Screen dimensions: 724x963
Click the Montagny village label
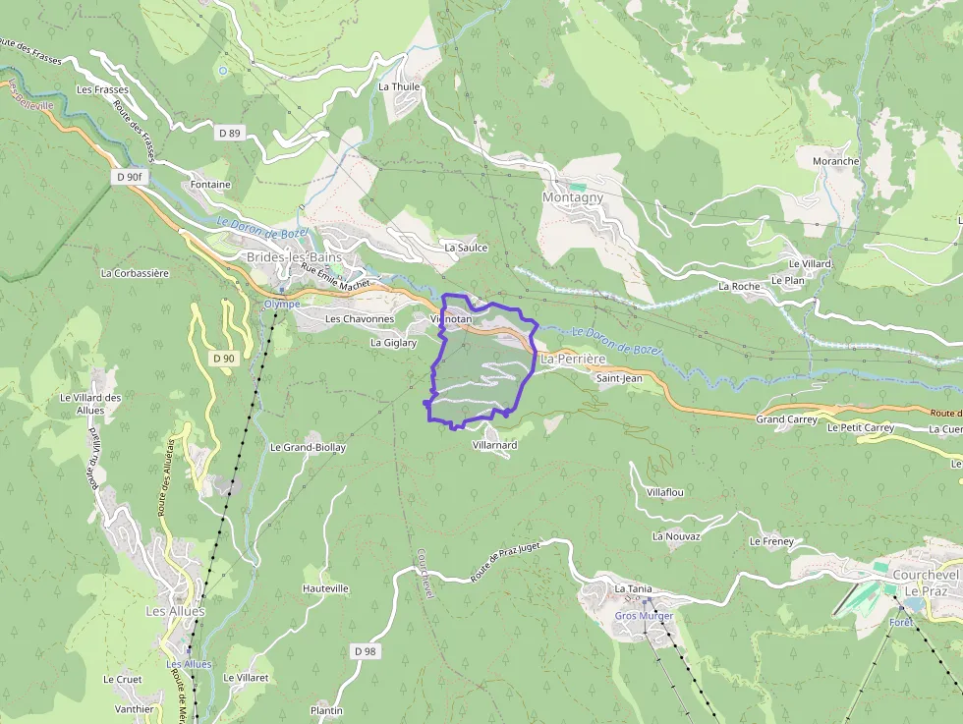click(x=573, y=197)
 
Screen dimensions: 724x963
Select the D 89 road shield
click(x=229, y=133)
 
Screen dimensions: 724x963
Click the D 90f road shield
click(x=128, y=177)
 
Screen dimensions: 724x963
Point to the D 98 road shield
click(x=364, y=651)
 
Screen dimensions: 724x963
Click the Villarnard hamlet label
click(x=494, y=445)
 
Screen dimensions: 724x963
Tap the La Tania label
click(x=633, y=588)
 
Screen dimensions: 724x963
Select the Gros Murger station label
click(x=644, y=616)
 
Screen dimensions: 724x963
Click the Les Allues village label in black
click(x=176, y=611)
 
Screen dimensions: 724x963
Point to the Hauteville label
click(x=325, y=588)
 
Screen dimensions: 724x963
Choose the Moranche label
click(x=835, y=161)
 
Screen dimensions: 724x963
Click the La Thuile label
click(x=399, y=86)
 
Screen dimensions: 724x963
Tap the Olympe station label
click(x=282, y=305)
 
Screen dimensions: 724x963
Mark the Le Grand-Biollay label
click(x=308, y=447)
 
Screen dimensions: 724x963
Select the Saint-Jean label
click(x=619, y=377)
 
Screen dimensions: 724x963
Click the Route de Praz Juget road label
click(x=505, y=562)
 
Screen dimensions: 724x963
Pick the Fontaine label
click(x=210, y=184)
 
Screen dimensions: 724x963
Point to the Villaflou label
click(x=665, y=491)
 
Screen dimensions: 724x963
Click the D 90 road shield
click(x=224, y=359)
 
